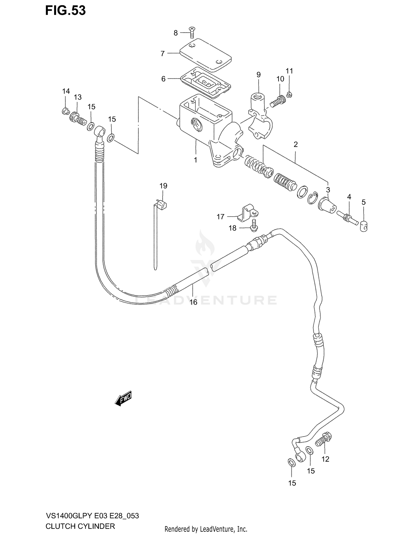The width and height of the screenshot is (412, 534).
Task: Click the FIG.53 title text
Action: pyautogui.click(x=65, y=10)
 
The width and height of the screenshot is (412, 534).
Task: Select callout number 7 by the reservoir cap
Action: pyautogui.click(x=163, y=54)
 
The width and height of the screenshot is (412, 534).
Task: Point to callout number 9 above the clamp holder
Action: pyautogui.click(x=258, y=75)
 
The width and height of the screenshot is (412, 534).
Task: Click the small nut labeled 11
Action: pyautogui.click(x=289, y=95)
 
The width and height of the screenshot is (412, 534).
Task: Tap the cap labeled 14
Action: pyautogui.click(x=65, y=111)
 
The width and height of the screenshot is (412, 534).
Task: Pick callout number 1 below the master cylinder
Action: pyautogui.click(x=196, y=160)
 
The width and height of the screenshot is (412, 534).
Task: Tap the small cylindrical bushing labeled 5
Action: pyautogui.click(x=363, y=227)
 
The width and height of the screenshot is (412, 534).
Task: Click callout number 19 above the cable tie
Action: pyautogui.click(x=163, y=186)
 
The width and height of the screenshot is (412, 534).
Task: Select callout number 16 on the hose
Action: pyautogui.click(x=193, y=302)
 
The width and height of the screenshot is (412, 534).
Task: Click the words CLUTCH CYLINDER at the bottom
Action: pyautogui.click(x=80, y=527)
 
